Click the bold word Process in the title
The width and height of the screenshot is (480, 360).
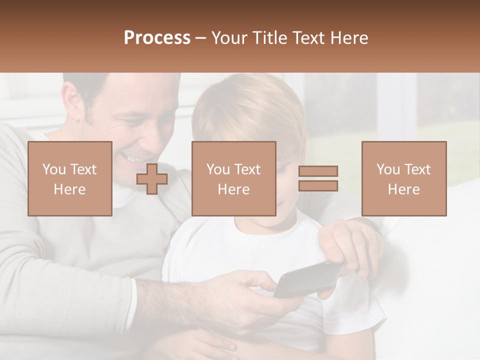pyautogui.click(x=157, y=38)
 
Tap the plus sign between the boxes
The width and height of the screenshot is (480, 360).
pyautogui.click(x=152, y=179)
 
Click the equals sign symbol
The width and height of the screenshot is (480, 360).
pyautogui.click(x=318, y=178)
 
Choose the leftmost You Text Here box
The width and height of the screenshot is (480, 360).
pyautogui.click(x=70, y=178)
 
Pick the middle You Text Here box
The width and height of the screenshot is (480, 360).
pyautogui.click(x=233, y=178)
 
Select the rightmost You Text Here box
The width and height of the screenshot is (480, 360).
pyautogui.click(x=403, y=178)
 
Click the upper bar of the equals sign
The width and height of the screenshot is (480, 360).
pyautogui.click(x=318, y=171)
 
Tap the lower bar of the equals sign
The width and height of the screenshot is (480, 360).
pyautogui.click(x=318, y=185)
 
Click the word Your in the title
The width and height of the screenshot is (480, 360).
pyautogui.click(x=230, y=38)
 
